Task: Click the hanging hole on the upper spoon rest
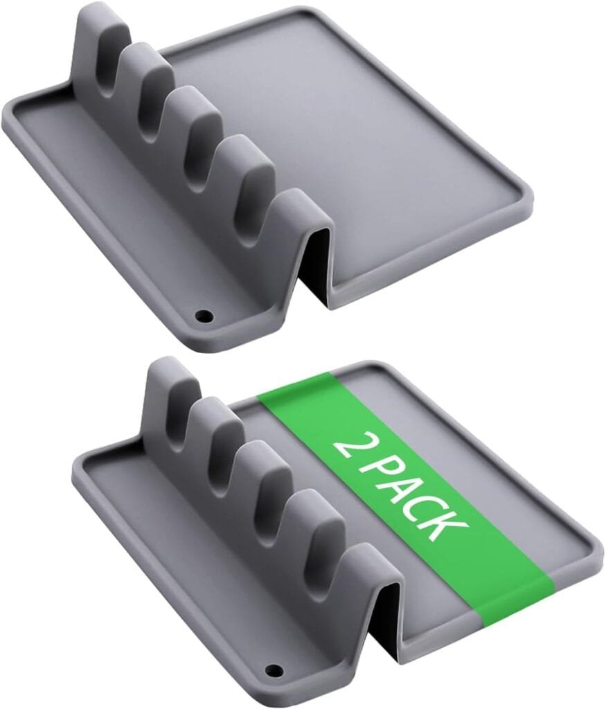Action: pyautogui.click(x=204, y=316)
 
